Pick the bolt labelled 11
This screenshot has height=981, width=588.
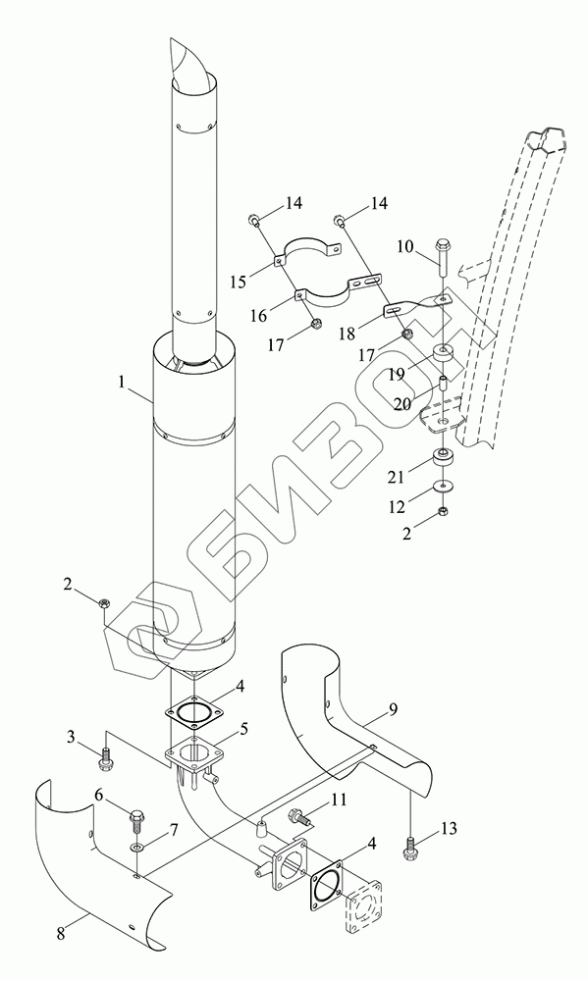[297, 816]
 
